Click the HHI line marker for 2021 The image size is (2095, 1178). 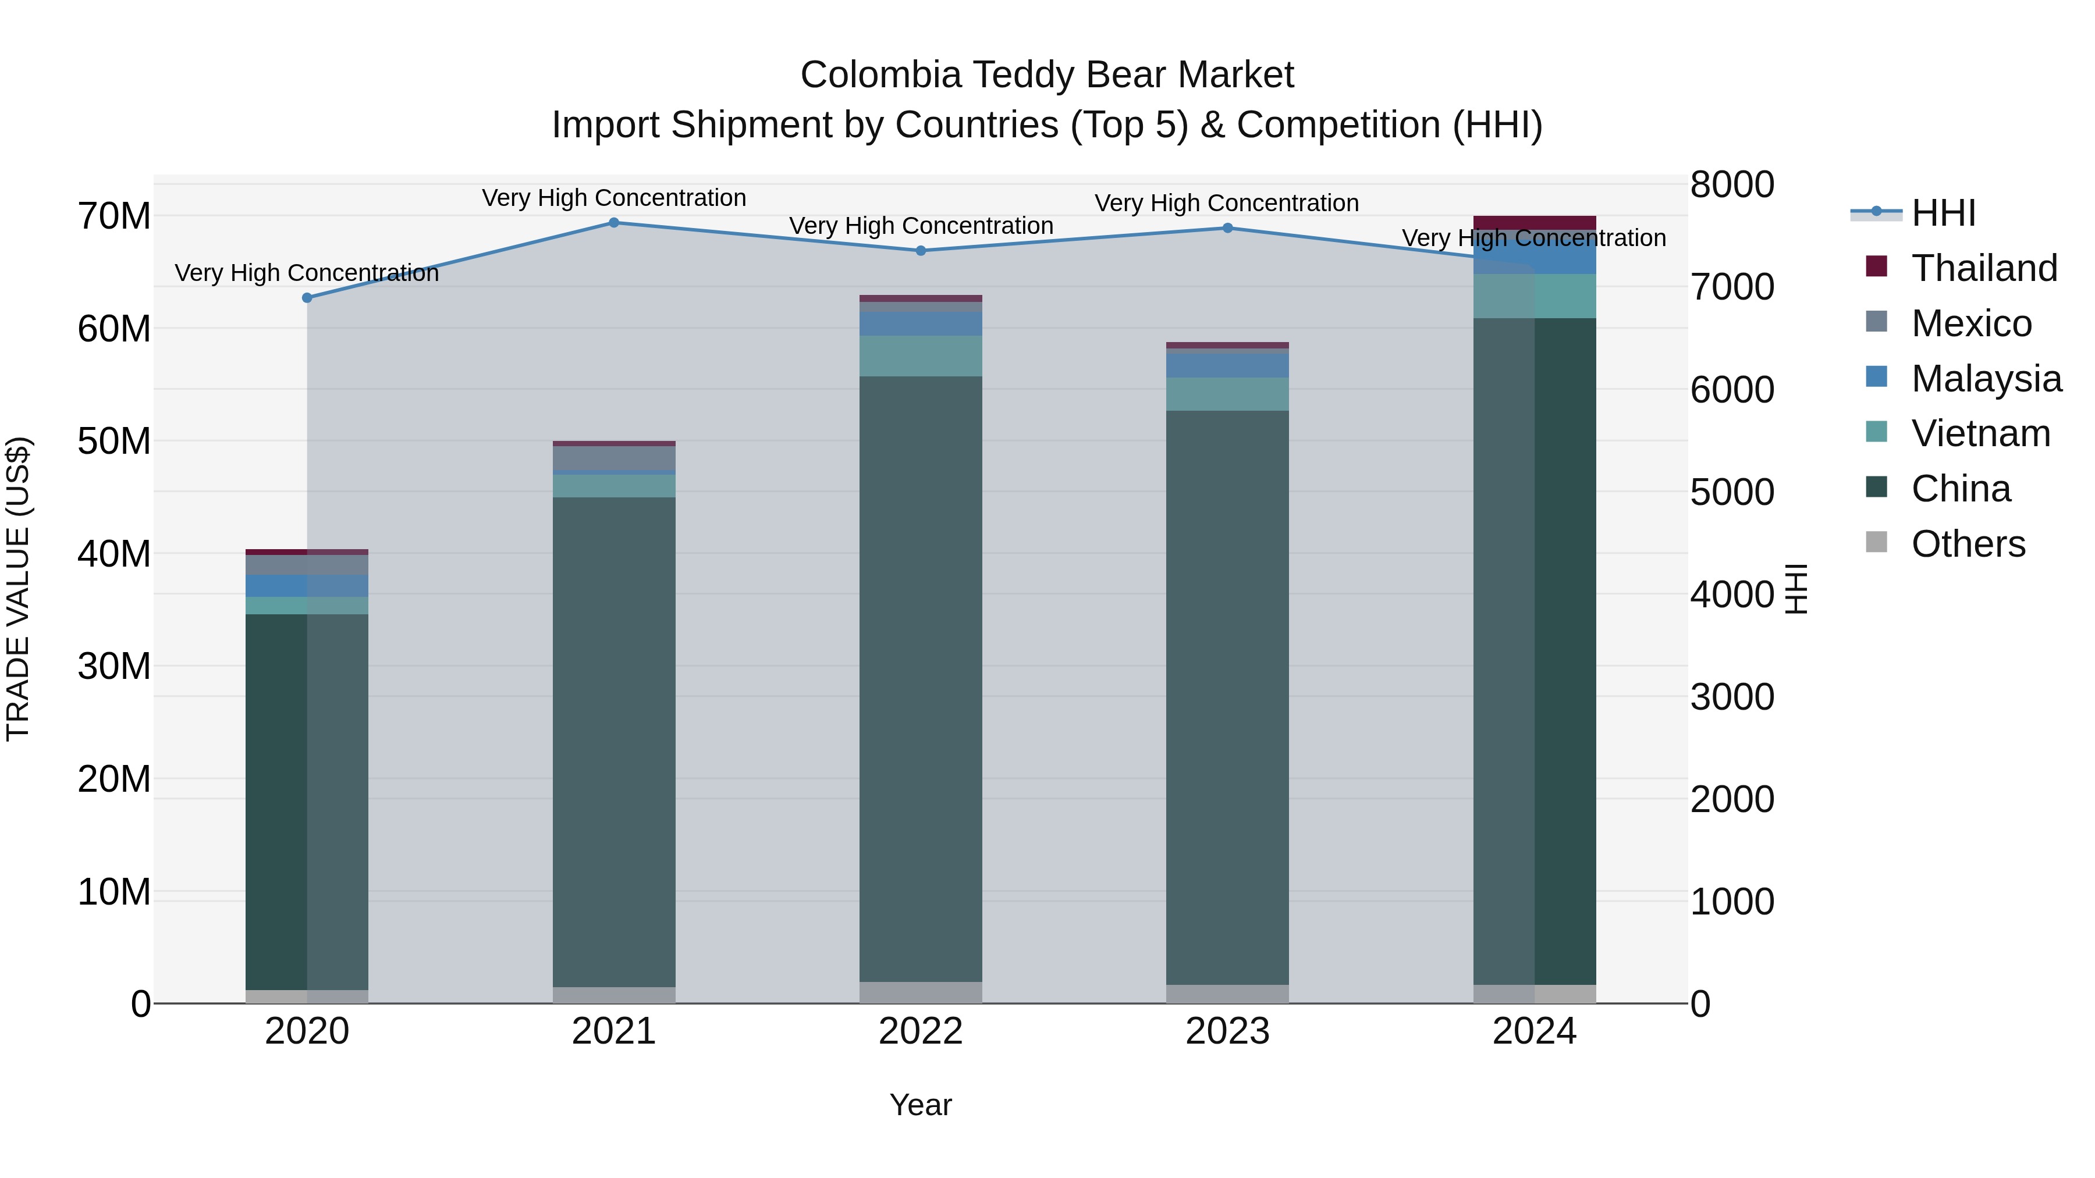coord(614,223)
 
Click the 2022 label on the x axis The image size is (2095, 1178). coord(921,1031)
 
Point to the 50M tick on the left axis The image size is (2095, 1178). coord(114,442)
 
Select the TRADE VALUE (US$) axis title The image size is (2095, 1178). coord(18,589)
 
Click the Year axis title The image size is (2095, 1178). coord(921,1105)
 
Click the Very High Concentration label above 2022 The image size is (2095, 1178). coord(921,226)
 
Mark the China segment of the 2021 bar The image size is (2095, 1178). coord(614,740)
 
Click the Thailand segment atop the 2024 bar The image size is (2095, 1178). coord(1535,223)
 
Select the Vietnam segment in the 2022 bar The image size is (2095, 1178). coord(921,356)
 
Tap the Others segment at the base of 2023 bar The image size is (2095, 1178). coord(1228,994)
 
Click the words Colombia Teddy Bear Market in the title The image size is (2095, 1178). coord(1047,75)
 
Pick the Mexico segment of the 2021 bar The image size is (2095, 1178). coord(614,458)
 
